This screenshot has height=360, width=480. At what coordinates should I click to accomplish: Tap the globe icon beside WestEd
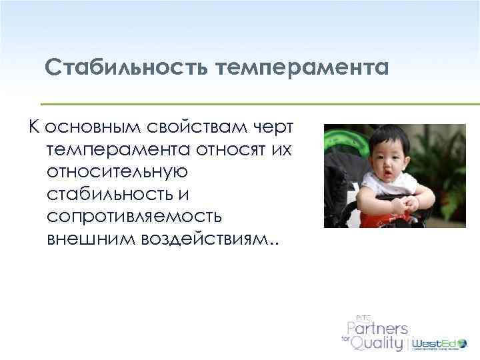point(461,343)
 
